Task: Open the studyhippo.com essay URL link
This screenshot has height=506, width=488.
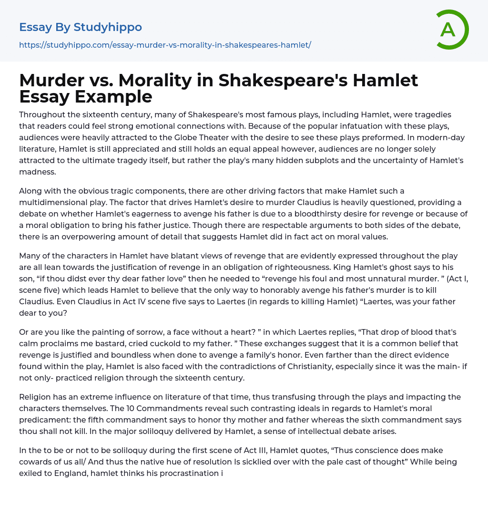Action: [x=165, y=45]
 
